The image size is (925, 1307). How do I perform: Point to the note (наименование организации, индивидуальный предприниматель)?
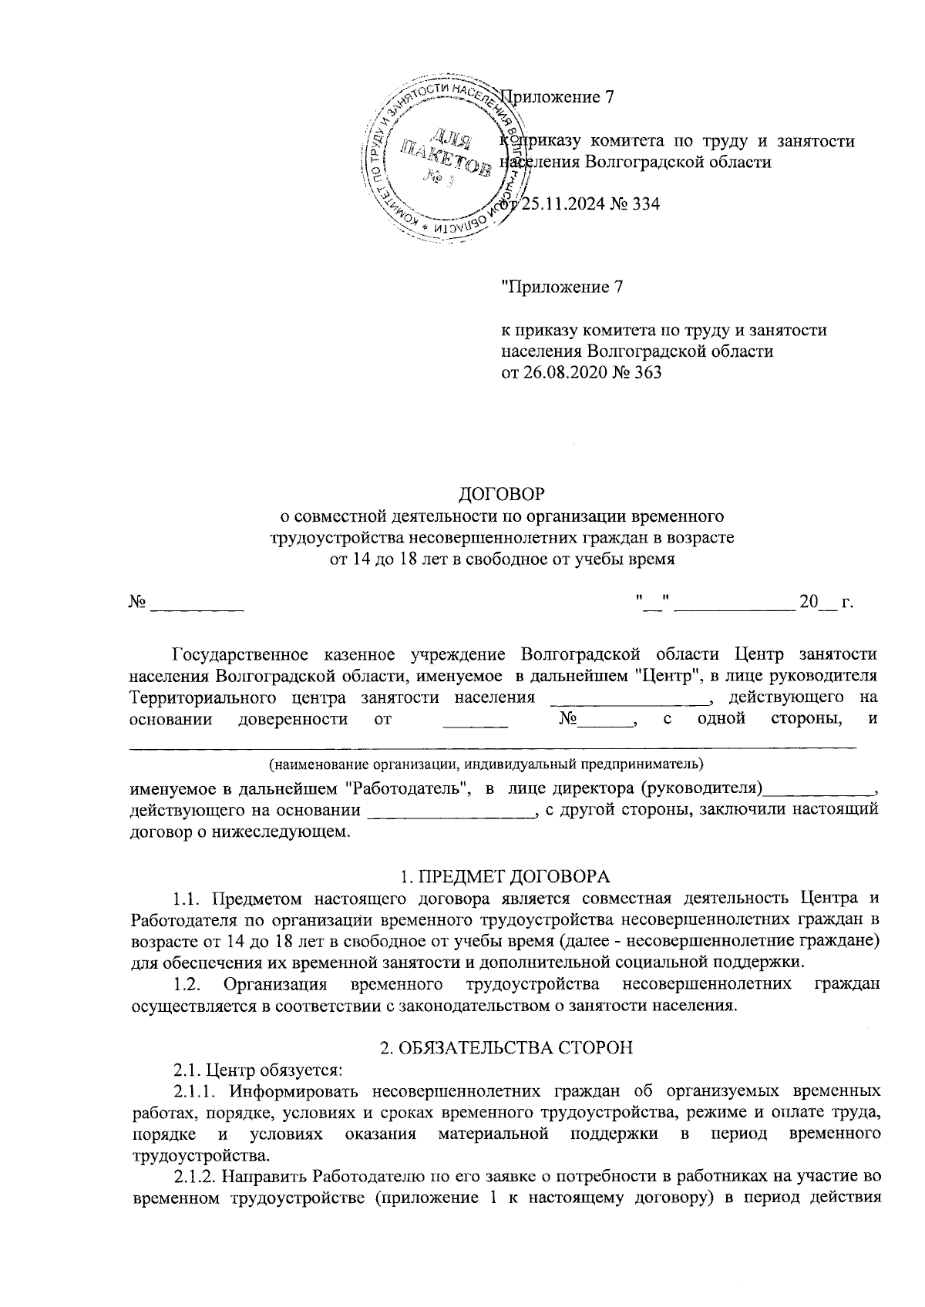pyautogui.click(x=486, y=765)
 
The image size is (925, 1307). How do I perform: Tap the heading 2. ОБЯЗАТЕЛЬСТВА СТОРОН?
pyautogui.click(x=507, y=1048)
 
